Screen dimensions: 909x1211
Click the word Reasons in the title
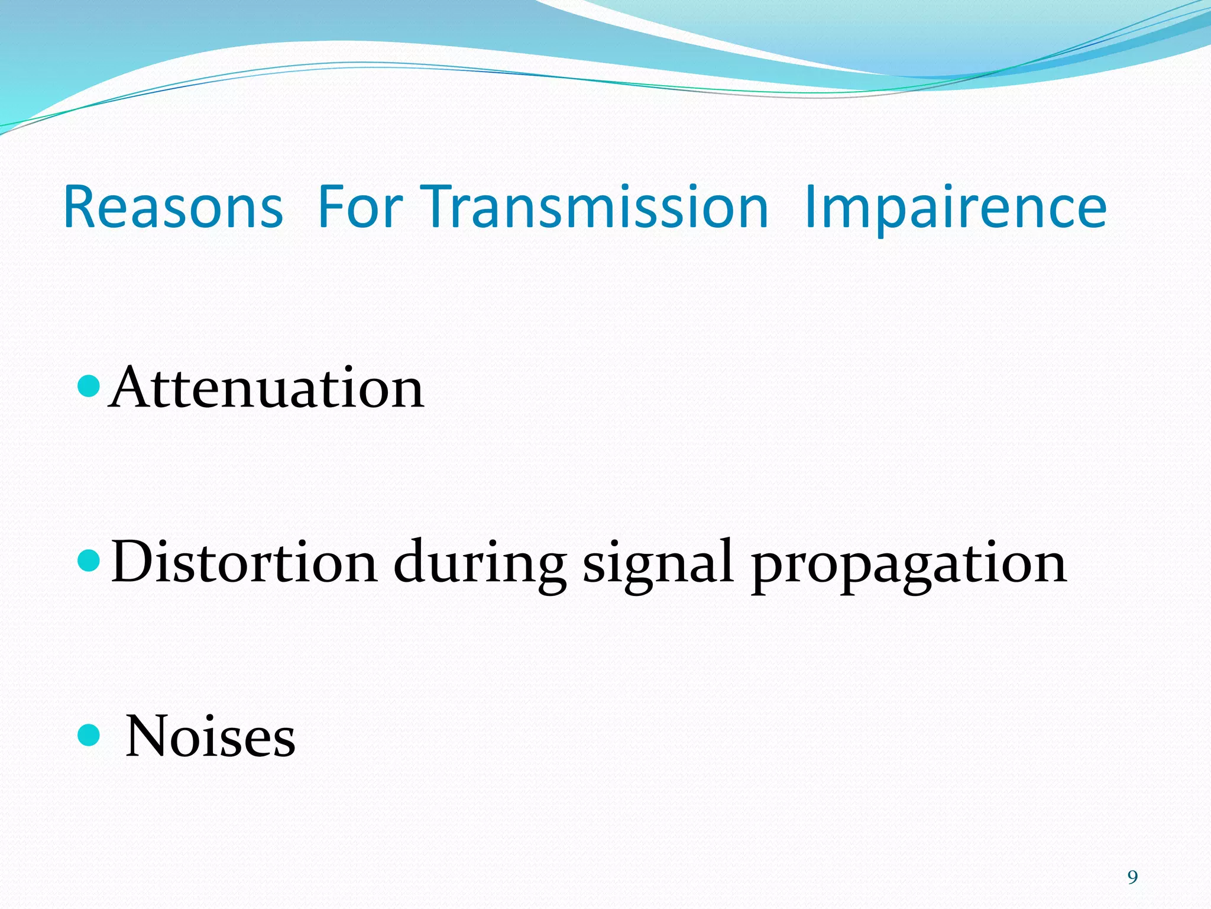click(x=173, y=207)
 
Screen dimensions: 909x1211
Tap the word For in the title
click(x=360, y=207)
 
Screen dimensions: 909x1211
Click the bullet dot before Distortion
click(x=89, y=560)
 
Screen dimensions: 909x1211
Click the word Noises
click(x=211, y=736)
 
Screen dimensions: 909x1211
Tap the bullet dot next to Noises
click(x=89, y=735)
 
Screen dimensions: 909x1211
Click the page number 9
click(x=1132, y=877)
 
